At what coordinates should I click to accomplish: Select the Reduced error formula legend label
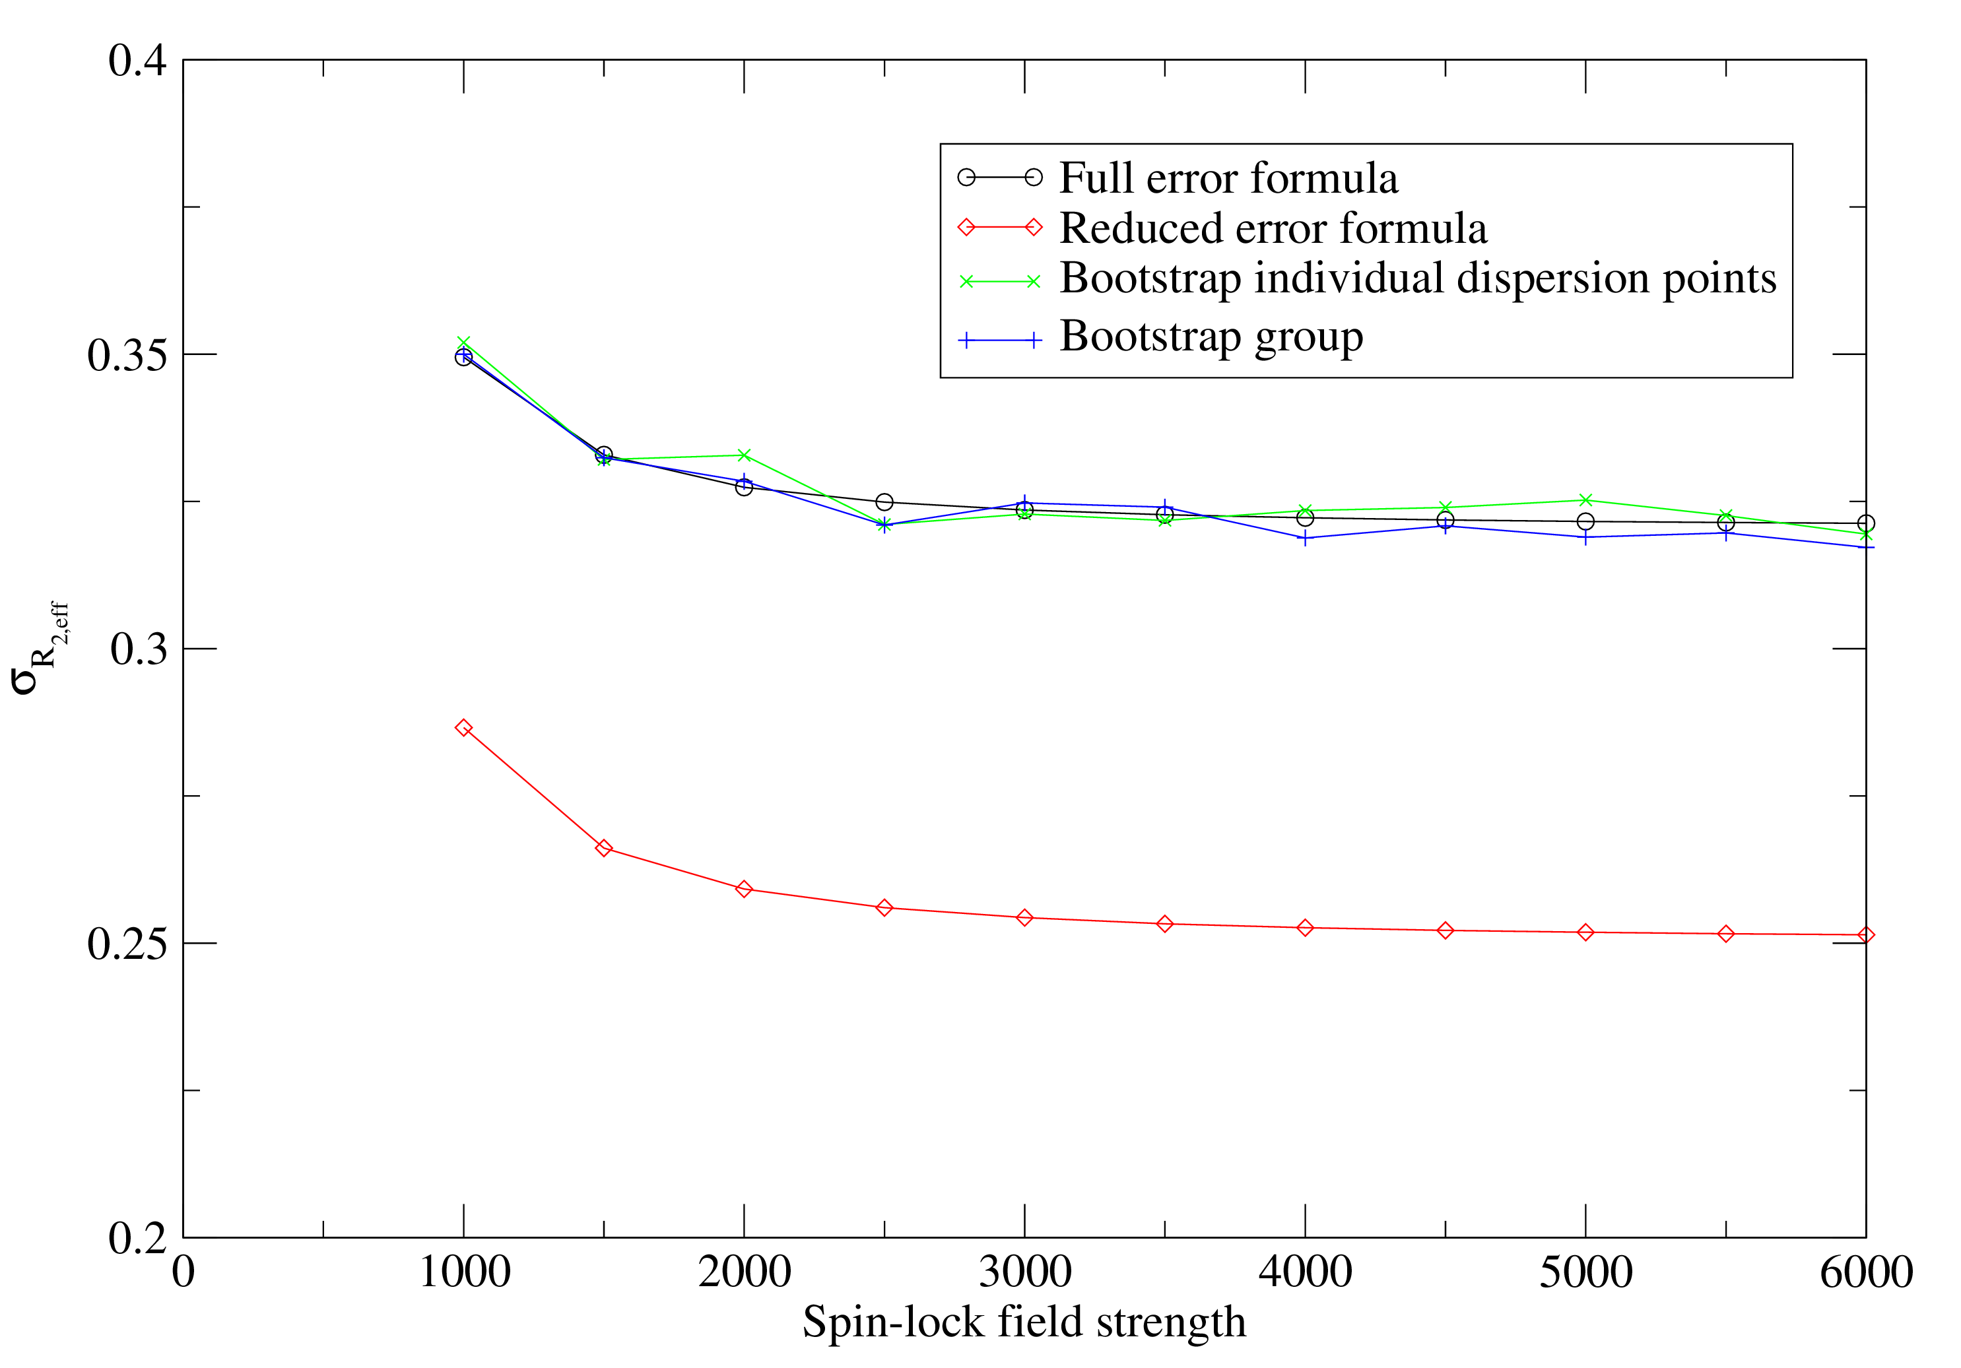tap(1273, 228)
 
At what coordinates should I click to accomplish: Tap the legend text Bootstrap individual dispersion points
tap(1417, 278)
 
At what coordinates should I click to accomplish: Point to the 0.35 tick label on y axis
tap(127, 355)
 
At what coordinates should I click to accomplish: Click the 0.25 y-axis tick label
tap(127, 944)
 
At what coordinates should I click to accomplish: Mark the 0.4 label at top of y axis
tap(137, 61)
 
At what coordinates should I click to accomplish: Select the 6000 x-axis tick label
tap(1865, 1272)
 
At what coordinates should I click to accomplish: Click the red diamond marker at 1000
tap(464, 727)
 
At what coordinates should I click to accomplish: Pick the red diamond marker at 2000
tap(744, 889)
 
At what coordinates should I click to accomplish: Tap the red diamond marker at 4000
tap(1305, 927)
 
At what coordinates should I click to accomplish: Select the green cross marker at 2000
tap(744, 455)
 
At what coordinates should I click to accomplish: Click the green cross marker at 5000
tap(1585, 500)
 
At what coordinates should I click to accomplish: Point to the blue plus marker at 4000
tap(1305, 538)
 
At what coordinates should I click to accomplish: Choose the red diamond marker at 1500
tap(604, 848)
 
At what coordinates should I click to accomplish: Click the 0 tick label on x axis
tap(183, 1272)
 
